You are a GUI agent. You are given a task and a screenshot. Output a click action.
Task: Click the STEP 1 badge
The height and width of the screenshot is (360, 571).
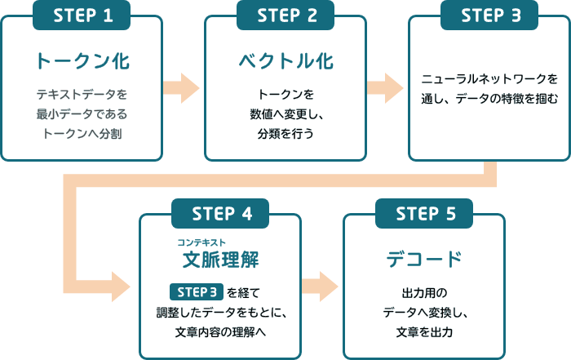click(82, 16)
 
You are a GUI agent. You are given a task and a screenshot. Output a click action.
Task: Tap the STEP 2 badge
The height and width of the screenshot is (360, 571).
click(285, 16)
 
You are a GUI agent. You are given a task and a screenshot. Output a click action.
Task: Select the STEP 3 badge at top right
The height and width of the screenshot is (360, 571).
click(489, 16)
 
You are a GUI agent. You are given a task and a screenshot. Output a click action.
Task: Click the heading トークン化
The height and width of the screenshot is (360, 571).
click(82, 61)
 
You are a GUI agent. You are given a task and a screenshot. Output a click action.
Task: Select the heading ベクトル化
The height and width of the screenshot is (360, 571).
click(285, 61)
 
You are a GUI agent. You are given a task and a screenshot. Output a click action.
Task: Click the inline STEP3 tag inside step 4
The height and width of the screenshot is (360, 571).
click(196, 291)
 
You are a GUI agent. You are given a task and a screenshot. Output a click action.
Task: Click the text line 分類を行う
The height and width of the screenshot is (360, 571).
click(285, 132)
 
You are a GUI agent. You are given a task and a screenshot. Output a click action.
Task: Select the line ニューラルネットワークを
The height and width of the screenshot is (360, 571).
click(489, 80)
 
